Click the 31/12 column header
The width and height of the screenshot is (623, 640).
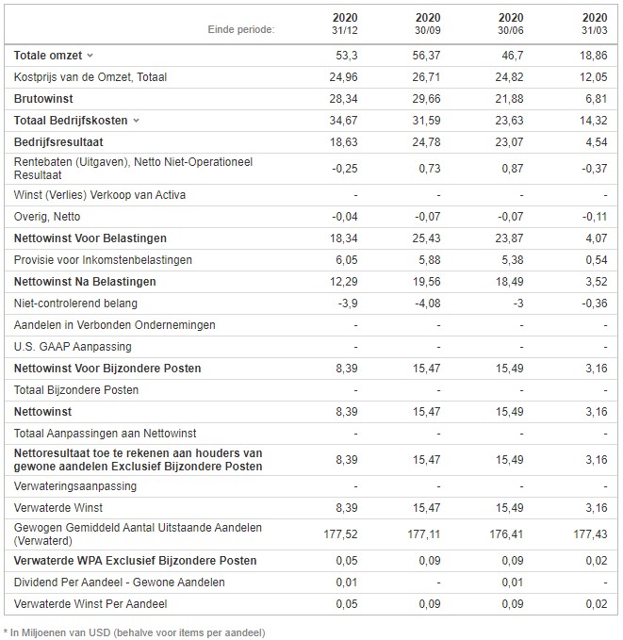345,24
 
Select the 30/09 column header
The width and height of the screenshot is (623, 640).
428,24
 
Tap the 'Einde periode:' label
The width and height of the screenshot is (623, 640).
241,29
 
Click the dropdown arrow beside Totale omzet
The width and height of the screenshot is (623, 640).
90,55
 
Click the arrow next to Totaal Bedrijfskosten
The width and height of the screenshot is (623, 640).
136,121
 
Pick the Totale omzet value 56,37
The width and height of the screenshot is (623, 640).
426,55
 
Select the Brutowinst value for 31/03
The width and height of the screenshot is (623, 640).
596,98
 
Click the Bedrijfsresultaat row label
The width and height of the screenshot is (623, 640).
58,142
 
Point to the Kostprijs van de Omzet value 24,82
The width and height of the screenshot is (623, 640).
509,76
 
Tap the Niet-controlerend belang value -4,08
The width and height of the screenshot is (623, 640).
428,304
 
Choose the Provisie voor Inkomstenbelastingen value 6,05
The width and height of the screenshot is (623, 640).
346,260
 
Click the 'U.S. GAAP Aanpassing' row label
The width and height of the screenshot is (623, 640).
73,347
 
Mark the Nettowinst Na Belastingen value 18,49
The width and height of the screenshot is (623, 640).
509,282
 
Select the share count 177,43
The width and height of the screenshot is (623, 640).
590,533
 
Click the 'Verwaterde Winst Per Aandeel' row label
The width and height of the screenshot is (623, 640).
90,603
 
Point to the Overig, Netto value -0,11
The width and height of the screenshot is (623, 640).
595,217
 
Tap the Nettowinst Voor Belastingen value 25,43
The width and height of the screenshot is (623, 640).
426,238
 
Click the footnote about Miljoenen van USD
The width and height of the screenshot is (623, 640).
135,632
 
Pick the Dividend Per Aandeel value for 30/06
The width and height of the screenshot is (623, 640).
512,583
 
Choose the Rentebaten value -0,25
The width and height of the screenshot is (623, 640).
345,169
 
